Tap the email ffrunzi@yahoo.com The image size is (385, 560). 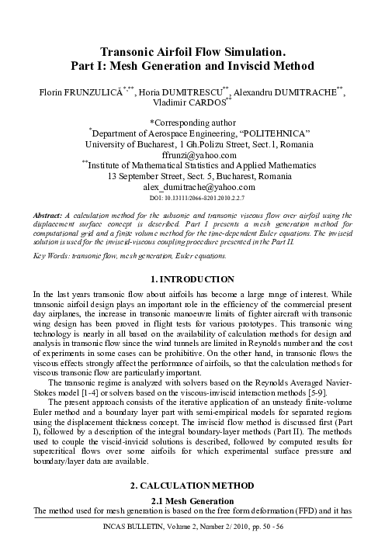[x=192, y=154]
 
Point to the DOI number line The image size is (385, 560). [x=192, y=198]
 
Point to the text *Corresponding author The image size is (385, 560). [x=192, y=122]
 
